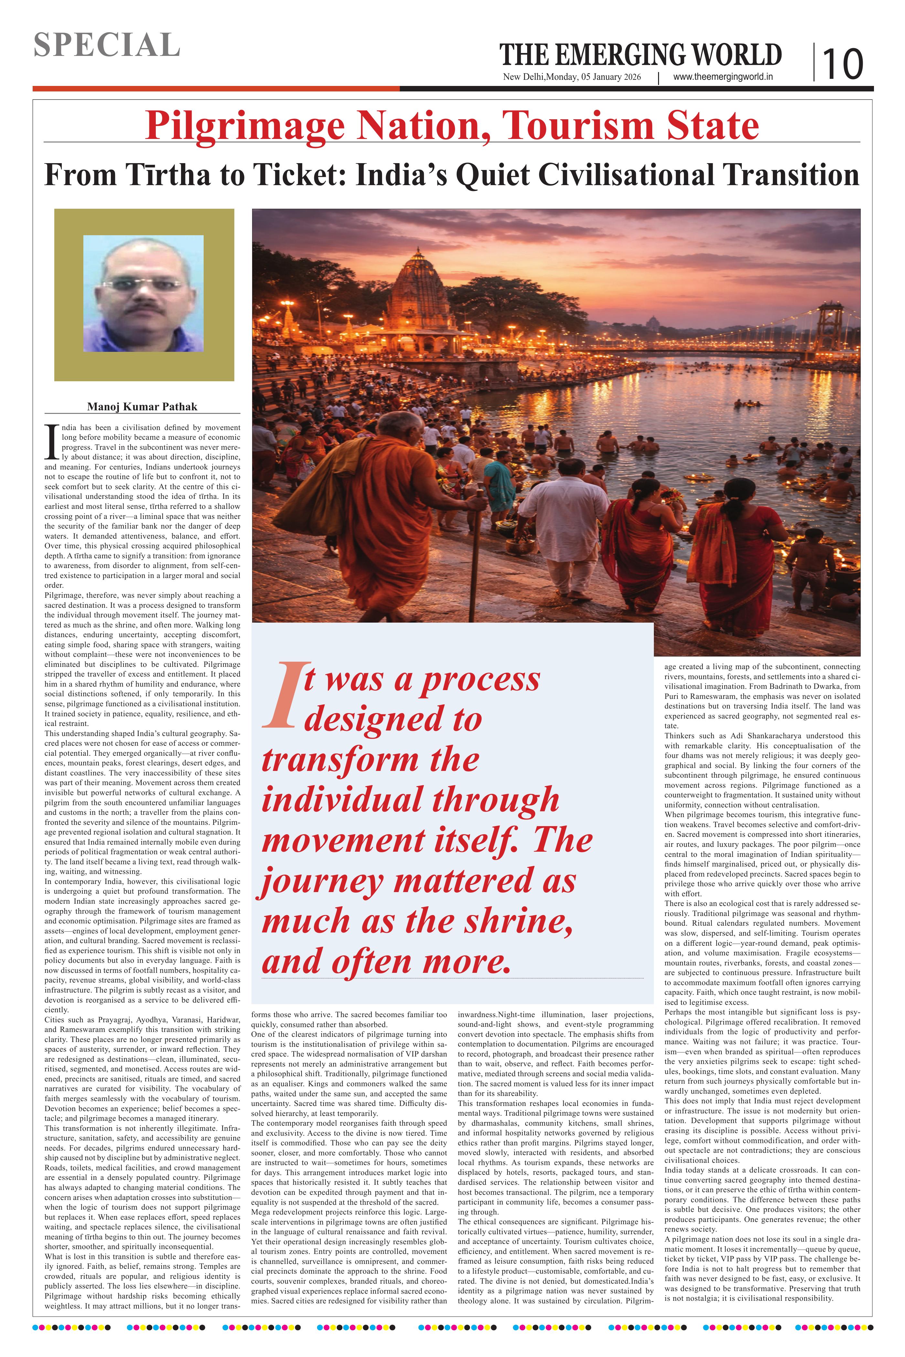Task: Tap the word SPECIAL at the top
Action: click(x=107, y=45)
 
